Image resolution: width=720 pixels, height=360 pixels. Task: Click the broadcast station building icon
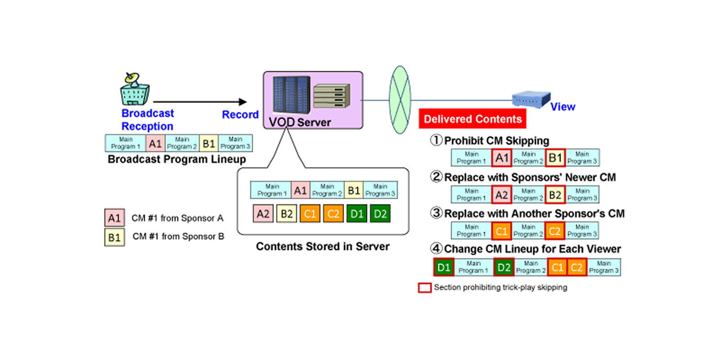(x=135, y=90)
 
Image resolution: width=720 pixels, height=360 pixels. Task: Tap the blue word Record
(x=240, y=115)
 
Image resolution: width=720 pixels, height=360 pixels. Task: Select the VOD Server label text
(x=300, y=122)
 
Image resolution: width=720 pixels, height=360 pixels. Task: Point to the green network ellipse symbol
(x=400, y=100)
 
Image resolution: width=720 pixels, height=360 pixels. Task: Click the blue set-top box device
(x=531, y=99)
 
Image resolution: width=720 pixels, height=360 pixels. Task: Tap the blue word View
(x=562, y=107)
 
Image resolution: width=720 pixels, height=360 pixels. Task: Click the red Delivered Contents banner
(x=472, y=119)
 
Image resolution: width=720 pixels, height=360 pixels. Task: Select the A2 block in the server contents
(x=263, y=214)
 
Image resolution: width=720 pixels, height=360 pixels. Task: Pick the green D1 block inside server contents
(x=357, y=214)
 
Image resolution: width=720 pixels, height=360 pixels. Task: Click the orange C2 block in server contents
(x=333, y=214)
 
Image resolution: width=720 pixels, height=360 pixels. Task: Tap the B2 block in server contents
(x=287, y=214)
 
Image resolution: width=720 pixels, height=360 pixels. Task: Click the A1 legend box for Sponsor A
(x=114, y=218)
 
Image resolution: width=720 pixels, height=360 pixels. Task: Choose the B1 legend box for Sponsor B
(x=114, y=237)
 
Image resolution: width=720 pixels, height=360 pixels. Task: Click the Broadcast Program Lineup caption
(x=177, y=159)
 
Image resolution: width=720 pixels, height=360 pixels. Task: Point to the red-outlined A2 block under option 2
(x=501, y=195)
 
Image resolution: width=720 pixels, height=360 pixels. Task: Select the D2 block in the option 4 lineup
(x=504, y=267)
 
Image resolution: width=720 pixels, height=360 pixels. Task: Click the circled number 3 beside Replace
(x=436, y=213)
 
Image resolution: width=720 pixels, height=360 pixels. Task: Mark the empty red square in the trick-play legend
(x=425, y=288)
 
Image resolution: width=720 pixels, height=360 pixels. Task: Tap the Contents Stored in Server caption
(x=323, y=247)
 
